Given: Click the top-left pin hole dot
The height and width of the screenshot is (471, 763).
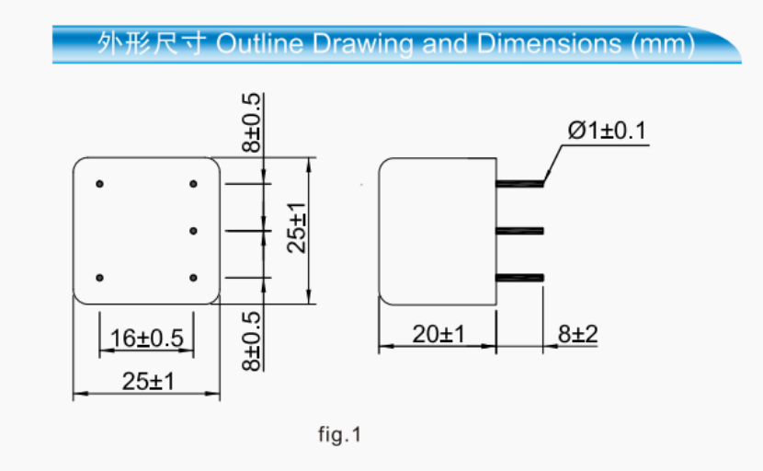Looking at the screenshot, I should point(100,184).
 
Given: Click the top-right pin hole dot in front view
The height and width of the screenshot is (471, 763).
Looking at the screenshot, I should point(193,184).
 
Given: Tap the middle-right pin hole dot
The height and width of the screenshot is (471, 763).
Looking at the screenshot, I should point(193,230).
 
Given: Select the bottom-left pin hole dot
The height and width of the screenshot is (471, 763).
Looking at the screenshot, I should point(100,277).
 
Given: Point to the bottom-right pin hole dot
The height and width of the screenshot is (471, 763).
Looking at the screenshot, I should point(193,277).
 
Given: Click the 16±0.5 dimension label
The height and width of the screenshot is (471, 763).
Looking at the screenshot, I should point(146,339).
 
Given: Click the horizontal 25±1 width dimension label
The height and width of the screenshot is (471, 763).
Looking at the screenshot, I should point(147,381).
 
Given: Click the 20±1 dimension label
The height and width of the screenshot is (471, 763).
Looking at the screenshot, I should point(438,334).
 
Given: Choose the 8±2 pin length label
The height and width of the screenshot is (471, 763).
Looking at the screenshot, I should point(577,334).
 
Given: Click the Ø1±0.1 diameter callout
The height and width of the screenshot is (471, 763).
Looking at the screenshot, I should point(607,132).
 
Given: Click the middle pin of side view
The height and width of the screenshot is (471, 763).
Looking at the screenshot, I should point(520,230).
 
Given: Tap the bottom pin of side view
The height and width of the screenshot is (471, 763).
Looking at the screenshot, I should point(520,277).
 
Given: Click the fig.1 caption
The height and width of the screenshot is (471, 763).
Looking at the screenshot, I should point(340,434).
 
